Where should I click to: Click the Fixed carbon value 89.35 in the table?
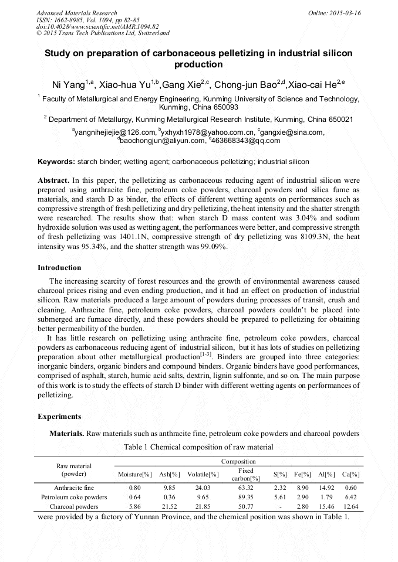[245, 497]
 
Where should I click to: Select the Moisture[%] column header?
[135, 474]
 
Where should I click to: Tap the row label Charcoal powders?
[74, 506]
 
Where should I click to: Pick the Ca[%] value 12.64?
[350, 506]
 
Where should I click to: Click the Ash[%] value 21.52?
[170, 506]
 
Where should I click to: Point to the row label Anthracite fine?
[74, 488]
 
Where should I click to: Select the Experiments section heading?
[59, 417]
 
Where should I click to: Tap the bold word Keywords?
[56, 161]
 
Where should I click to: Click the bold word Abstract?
[53, 180]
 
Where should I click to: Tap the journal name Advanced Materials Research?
[76, 13]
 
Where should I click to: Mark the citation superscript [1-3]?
[206, 353]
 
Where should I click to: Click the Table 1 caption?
[198, 447]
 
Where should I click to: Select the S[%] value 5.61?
[279, 497]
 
